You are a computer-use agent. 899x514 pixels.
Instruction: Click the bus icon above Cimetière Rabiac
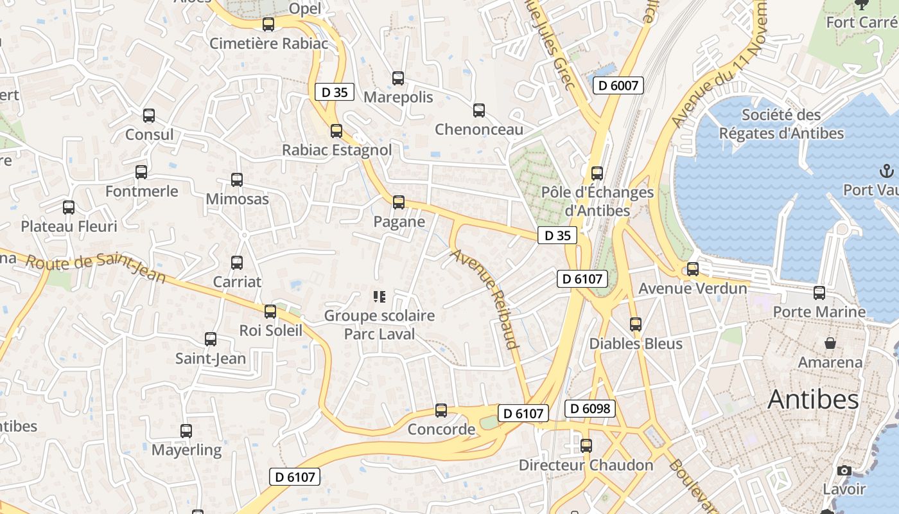(x=268, y=24)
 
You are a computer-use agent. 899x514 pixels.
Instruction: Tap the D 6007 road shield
(x=618, y=85)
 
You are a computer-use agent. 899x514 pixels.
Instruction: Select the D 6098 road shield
(x=590, y=408)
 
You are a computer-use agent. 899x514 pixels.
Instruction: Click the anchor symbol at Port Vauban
(x=886, y=172)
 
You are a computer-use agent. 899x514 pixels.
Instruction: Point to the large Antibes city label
(x=813, y=400)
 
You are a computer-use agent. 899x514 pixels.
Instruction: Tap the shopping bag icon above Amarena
(x=830, y=343)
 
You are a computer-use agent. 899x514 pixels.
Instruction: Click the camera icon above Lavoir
(x=844, y=471)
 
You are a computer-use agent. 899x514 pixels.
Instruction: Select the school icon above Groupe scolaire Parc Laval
(x=380, y=297)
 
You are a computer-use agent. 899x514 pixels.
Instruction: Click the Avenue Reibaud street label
(x=485, y=299)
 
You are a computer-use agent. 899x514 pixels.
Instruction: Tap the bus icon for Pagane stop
(x=399, y=202)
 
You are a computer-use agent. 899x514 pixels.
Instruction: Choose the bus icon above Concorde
(x=441, y=411)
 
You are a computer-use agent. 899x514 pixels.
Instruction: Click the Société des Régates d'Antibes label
(x=781, y=124)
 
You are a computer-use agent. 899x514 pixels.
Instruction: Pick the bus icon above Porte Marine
(x=819, y=293)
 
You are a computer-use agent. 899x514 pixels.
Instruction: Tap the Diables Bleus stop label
(x=636, y=344)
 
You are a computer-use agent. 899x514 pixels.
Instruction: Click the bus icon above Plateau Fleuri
(x=69, y=208)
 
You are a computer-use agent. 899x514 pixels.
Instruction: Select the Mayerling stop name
(x=186, y=450)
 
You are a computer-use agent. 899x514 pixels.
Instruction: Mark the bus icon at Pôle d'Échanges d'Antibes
(x=597, y=173)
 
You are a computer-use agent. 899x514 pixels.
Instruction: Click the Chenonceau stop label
(x=479, y=130)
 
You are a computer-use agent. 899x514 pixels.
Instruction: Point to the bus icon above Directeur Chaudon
(x=586, y=446)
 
